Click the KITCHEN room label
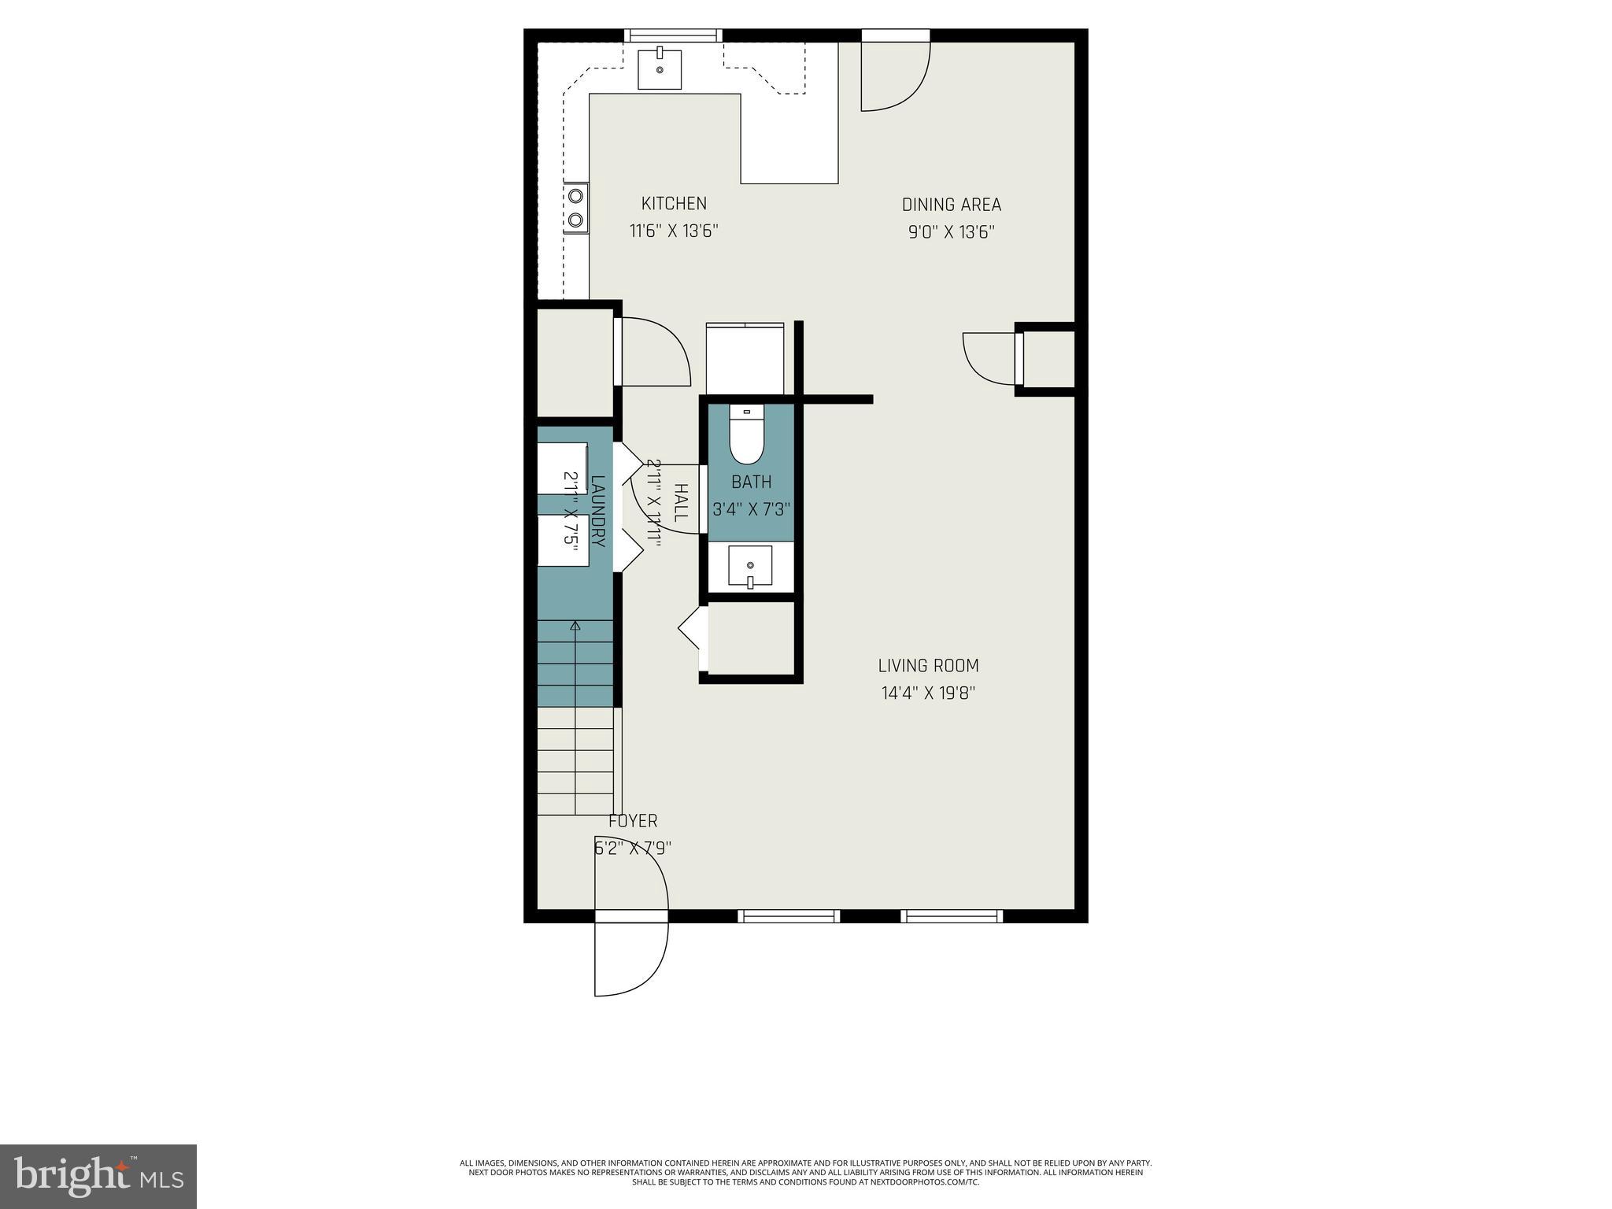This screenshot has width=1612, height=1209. click(674, 203)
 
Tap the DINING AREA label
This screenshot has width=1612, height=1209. click(951, 205)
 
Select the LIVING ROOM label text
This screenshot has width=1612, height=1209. click(928, 665)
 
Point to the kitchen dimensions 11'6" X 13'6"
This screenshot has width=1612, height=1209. click(674, 231)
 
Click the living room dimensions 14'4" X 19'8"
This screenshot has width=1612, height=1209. click(928, 693)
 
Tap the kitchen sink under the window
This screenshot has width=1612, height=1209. click(660, 68)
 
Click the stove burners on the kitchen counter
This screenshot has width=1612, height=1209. click(575, 208)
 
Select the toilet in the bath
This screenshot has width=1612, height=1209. click(746, 438)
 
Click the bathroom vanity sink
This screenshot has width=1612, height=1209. click(749, 566)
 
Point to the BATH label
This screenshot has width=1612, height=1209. click(751, 482)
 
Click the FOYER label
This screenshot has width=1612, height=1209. click(633, 821)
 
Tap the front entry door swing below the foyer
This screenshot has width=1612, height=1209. click(630, 957)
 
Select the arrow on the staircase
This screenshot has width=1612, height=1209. click(575, 627)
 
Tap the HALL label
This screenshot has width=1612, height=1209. click(681, 504)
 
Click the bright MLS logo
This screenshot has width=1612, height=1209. click(98, 1177)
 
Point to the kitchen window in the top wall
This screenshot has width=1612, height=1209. click(673, 35)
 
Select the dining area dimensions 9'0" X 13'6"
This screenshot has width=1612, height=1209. click(951, 232)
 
